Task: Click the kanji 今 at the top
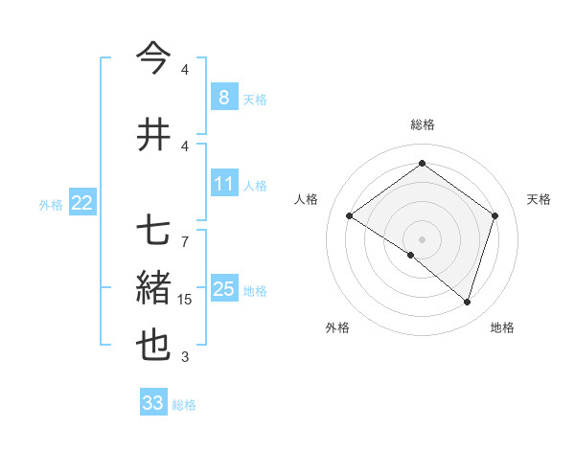pyautogui.click(x=153, y=59)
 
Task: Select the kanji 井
pyautogui.click(x=153, y=134)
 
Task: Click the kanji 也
pyautogui.click(x=153, y=345)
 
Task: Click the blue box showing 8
pyautogui.click(x=223, y=97)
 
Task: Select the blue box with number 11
pyautogui.click(x=223, y=183)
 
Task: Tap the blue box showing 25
pyautogui.click(x=223, y=289)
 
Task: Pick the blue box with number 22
pyautogui.click(x=81, y=202)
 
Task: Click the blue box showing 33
pyautogui.click(x=152, y=403)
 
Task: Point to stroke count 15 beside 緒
pyautogui.click(x=185, y=300)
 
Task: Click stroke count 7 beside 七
pyautogui.click(x=185, y=232)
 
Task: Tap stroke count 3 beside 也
pyautogui.click(x=185, y=357)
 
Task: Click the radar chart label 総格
pyautogui.click(x=422, y=124)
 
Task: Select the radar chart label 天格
pyautogui.click(x=539, y=199)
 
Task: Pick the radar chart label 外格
pyautogui.click(x=337, y=327)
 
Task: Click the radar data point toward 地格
pyautogui.click(x=467, y=303)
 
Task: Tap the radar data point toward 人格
pyautogui.click(x=349, y=216)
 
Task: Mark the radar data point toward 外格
pyautogui.click(x=411, y=255)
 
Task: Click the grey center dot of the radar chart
pyautogui.click(x=422, y=238)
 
